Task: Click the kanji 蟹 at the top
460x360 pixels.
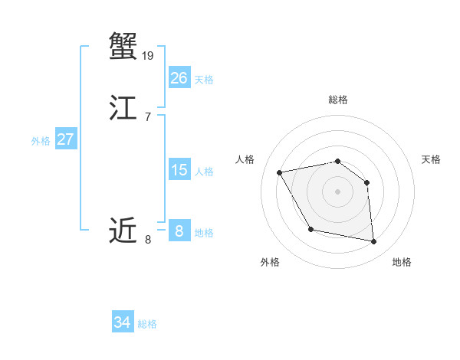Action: (x=123, y=47)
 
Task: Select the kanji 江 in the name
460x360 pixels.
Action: (x=123, y=108)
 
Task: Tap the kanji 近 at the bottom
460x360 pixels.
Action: (x=123, y=231)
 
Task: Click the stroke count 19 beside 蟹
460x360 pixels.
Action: (x=149, y=55)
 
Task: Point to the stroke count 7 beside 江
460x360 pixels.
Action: (x=147, y=116)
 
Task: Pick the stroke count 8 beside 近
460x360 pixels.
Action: (x=147, y=240)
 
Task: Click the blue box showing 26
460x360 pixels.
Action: (x=179, y=78)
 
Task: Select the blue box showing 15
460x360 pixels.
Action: (x=179, y=170)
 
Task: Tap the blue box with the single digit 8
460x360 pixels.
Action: (x=179, y=231)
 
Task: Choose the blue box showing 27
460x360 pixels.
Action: (x=65, y=139)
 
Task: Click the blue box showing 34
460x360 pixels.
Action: (x=122, y=322)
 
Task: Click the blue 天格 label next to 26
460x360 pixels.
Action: (x=204, y=80)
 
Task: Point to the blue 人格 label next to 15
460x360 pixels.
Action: (x=204, y=172)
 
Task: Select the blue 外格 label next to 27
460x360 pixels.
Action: (x=41, y=141)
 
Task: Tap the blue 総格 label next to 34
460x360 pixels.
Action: (x=147, y=324)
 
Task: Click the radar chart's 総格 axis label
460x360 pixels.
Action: (x=338, y=100)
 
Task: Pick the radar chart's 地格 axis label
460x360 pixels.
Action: (x=402, y=262)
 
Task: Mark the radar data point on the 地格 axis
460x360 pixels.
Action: (x=374, y=242)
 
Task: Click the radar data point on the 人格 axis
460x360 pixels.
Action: (x=280, y=172)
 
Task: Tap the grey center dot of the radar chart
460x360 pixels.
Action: (x=338, y=191)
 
